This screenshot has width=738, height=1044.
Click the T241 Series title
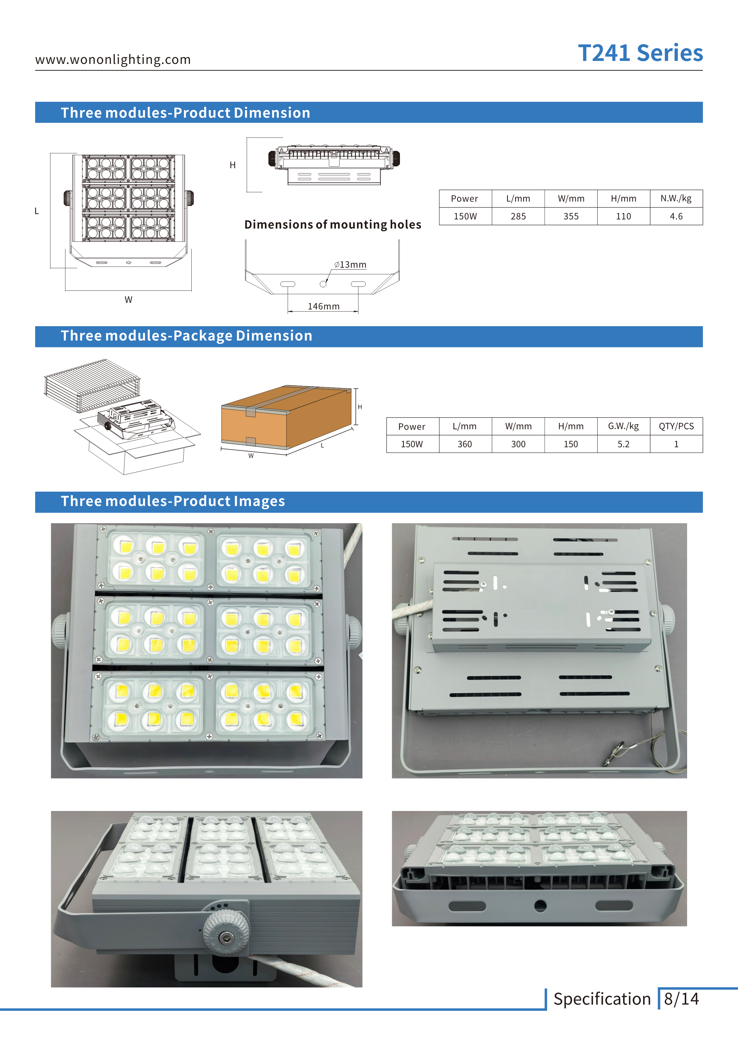point(640,53)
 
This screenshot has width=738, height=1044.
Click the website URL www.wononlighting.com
point(113,60)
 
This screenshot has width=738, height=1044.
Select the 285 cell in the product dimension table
point(518,216)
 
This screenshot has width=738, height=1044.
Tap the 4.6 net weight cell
point(676,216)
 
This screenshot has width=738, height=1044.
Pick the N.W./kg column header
point(676,199)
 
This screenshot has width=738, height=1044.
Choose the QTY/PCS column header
point(676,426)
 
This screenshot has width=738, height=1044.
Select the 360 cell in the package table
point(465,444)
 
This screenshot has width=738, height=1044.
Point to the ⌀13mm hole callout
point(350,265)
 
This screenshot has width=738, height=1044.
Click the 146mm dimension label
point(323,307)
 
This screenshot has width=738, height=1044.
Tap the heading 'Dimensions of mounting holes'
point(332,225)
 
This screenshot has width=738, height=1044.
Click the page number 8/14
point(681,999)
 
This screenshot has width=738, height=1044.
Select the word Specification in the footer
point(602,999)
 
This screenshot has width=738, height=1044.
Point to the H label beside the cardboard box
point(360,407)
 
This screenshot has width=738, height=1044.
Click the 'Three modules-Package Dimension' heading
point(186,336)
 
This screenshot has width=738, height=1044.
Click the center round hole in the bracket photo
point(540,906)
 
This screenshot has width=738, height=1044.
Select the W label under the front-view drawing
point(129,300)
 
